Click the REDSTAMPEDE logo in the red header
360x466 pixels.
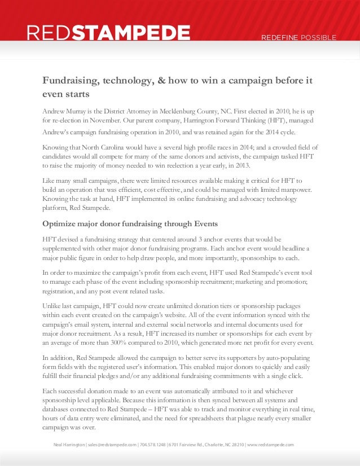(108, 34)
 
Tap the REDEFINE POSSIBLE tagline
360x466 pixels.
(298, 38)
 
